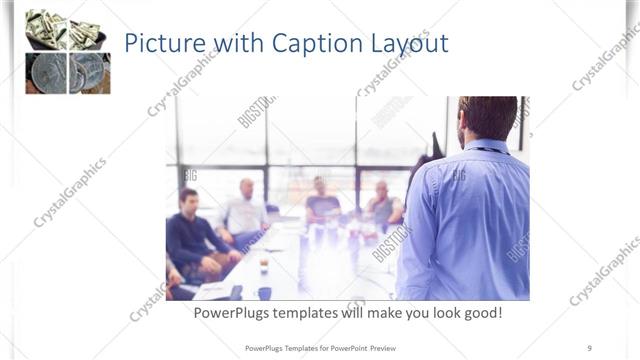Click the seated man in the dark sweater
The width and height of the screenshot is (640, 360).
tap(192, 235)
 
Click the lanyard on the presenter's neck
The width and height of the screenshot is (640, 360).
tap(489, 151)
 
